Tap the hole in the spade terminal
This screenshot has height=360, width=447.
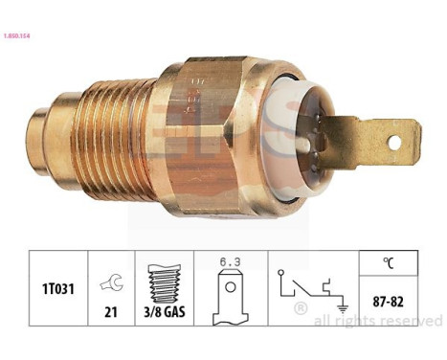(x=394, y=144)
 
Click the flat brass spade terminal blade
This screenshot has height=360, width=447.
(x=369, y=144)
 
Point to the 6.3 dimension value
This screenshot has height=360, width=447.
(x=227, y=262)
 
